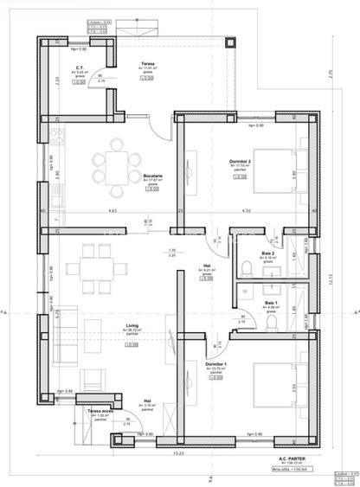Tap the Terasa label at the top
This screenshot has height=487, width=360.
(149, 64)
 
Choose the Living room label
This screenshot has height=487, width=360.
(132, 326)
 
